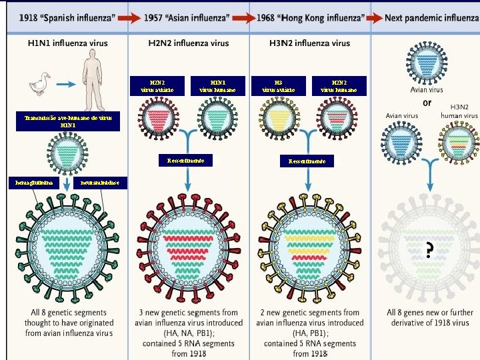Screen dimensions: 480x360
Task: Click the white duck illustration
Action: coord(40,87)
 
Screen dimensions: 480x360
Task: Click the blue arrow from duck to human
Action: coord(65,85)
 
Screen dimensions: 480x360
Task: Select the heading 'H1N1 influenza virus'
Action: coord(67,43)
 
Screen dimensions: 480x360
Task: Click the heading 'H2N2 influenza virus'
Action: coord(188,43)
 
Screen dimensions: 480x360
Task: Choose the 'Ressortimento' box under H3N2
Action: coord(307,161)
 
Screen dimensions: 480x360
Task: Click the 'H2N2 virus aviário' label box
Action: coord(157,85)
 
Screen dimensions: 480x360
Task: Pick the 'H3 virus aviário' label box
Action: coord(278,85)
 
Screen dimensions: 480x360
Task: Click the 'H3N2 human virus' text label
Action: coord(459,111)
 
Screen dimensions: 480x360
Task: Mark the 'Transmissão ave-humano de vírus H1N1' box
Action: coord(67,121)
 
